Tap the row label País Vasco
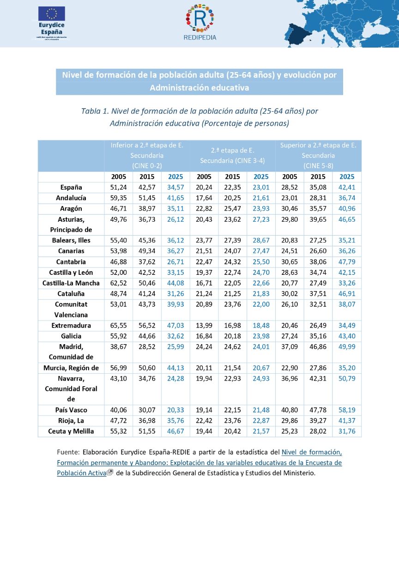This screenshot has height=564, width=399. point(71,410)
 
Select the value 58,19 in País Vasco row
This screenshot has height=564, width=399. point(347,410)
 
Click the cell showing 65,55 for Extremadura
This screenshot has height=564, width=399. point(119,326)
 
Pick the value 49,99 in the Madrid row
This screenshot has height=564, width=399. point(347,346)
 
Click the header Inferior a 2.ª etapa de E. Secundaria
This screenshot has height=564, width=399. point(147,155)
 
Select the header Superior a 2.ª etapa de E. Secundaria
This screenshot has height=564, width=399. point(318,155)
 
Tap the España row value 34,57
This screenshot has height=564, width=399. point(175,188)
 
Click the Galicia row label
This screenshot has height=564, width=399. point(71,336)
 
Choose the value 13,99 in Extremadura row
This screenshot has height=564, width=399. point(204,326)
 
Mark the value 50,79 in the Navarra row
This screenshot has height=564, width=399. point(347,378)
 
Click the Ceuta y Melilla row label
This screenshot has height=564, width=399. point(71,431)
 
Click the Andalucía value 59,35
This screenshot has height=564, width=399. point(119,198)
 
